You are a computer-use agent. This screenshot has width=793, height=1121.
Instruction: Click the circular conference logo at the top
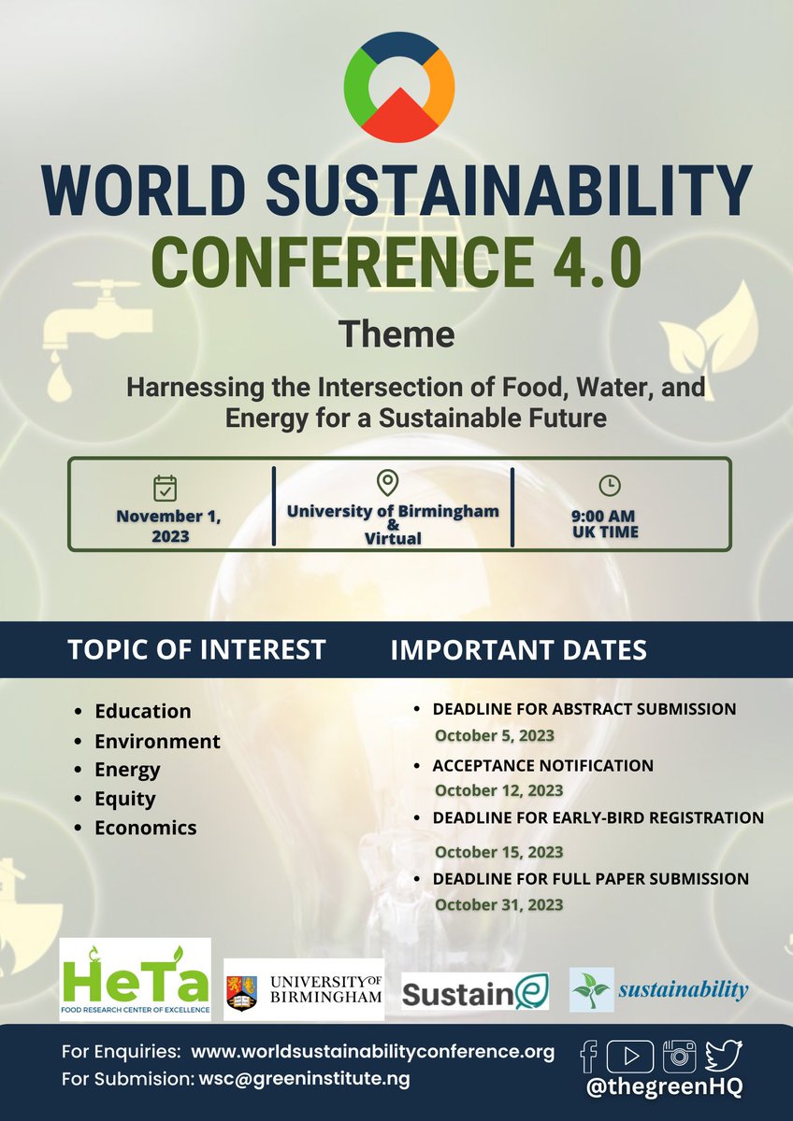point(399,87)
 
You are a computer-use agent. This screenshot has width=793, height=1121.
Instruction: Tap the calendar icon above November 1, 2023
point(166,488)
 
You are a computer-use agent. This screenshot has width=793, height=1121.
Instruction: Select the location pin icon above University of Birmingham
point(387,483)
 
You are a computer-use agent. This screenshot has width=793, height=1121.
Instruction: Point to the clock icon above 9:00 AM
point(609,485)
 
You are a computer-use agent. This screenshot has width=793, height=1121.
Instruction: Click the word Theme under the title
point(396,333)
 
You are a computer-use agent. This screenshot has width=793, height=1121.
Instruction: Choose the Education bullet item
point(142,711)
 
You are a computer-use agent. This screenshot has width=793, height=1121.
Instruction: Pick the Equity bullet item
point(124,799)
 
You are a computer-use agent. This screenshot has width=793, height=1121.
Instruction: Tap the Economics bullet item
point(145,828)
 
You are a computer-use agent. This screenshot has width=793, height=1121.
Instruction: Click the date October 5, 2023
point(497,734)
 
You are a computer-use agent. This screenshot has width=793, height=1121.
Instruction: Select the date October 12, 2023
point(498,790)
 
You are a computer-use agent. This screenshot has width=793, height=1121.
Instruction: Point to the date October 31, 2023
point(498,904)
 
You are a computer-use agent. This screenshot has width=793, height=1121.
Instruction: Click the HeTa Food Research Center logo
point(136,979)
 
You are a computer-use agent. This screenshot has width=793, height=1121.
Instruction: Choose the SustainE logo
point(475,990)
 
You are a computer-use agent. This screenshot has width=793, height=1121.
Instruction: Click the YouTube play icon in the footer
point(629,1056)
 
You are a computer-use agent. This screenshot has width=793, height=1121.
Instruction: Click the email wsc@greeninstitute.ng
point(304,1079)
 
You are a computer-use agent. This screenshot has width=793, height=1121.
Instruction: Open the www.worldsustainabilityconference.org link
point(372,1052)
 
